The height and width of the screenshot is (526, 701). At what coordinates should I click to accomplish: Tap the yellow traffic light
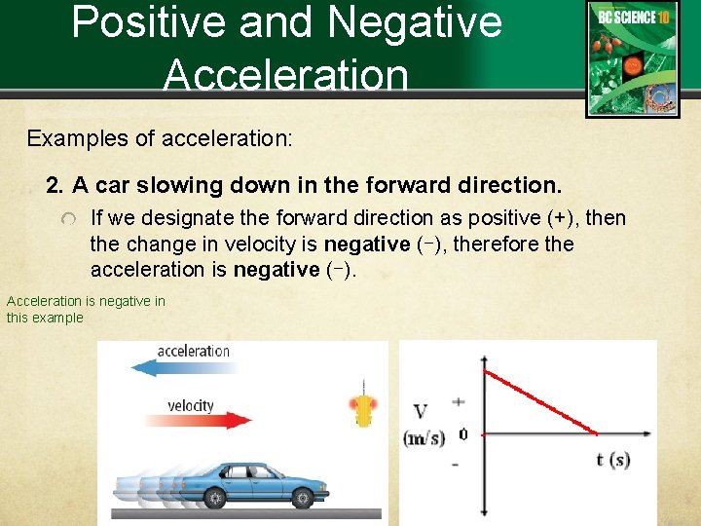click(x=364, y=410)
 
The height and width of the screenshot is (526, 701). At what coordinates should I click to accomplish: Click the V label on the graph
click(x=422, y=413)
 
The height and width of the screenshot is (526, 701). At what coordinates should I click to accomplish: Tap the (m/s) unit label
click(x=424, y=439)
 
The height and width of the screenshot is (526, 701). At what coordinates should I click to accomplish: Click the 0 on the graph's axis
click(x=462, y=434)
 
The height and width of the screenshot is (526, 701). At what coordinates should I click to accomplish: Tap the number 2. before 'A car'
click(x=55, y=185)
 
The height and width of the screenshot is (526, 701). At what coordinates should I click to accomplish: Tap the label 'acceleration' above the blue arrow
click(x=194, y=351)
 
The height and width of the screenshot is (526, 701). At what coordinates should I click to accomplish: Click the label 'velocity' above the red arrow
click(x=191, y=404)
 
